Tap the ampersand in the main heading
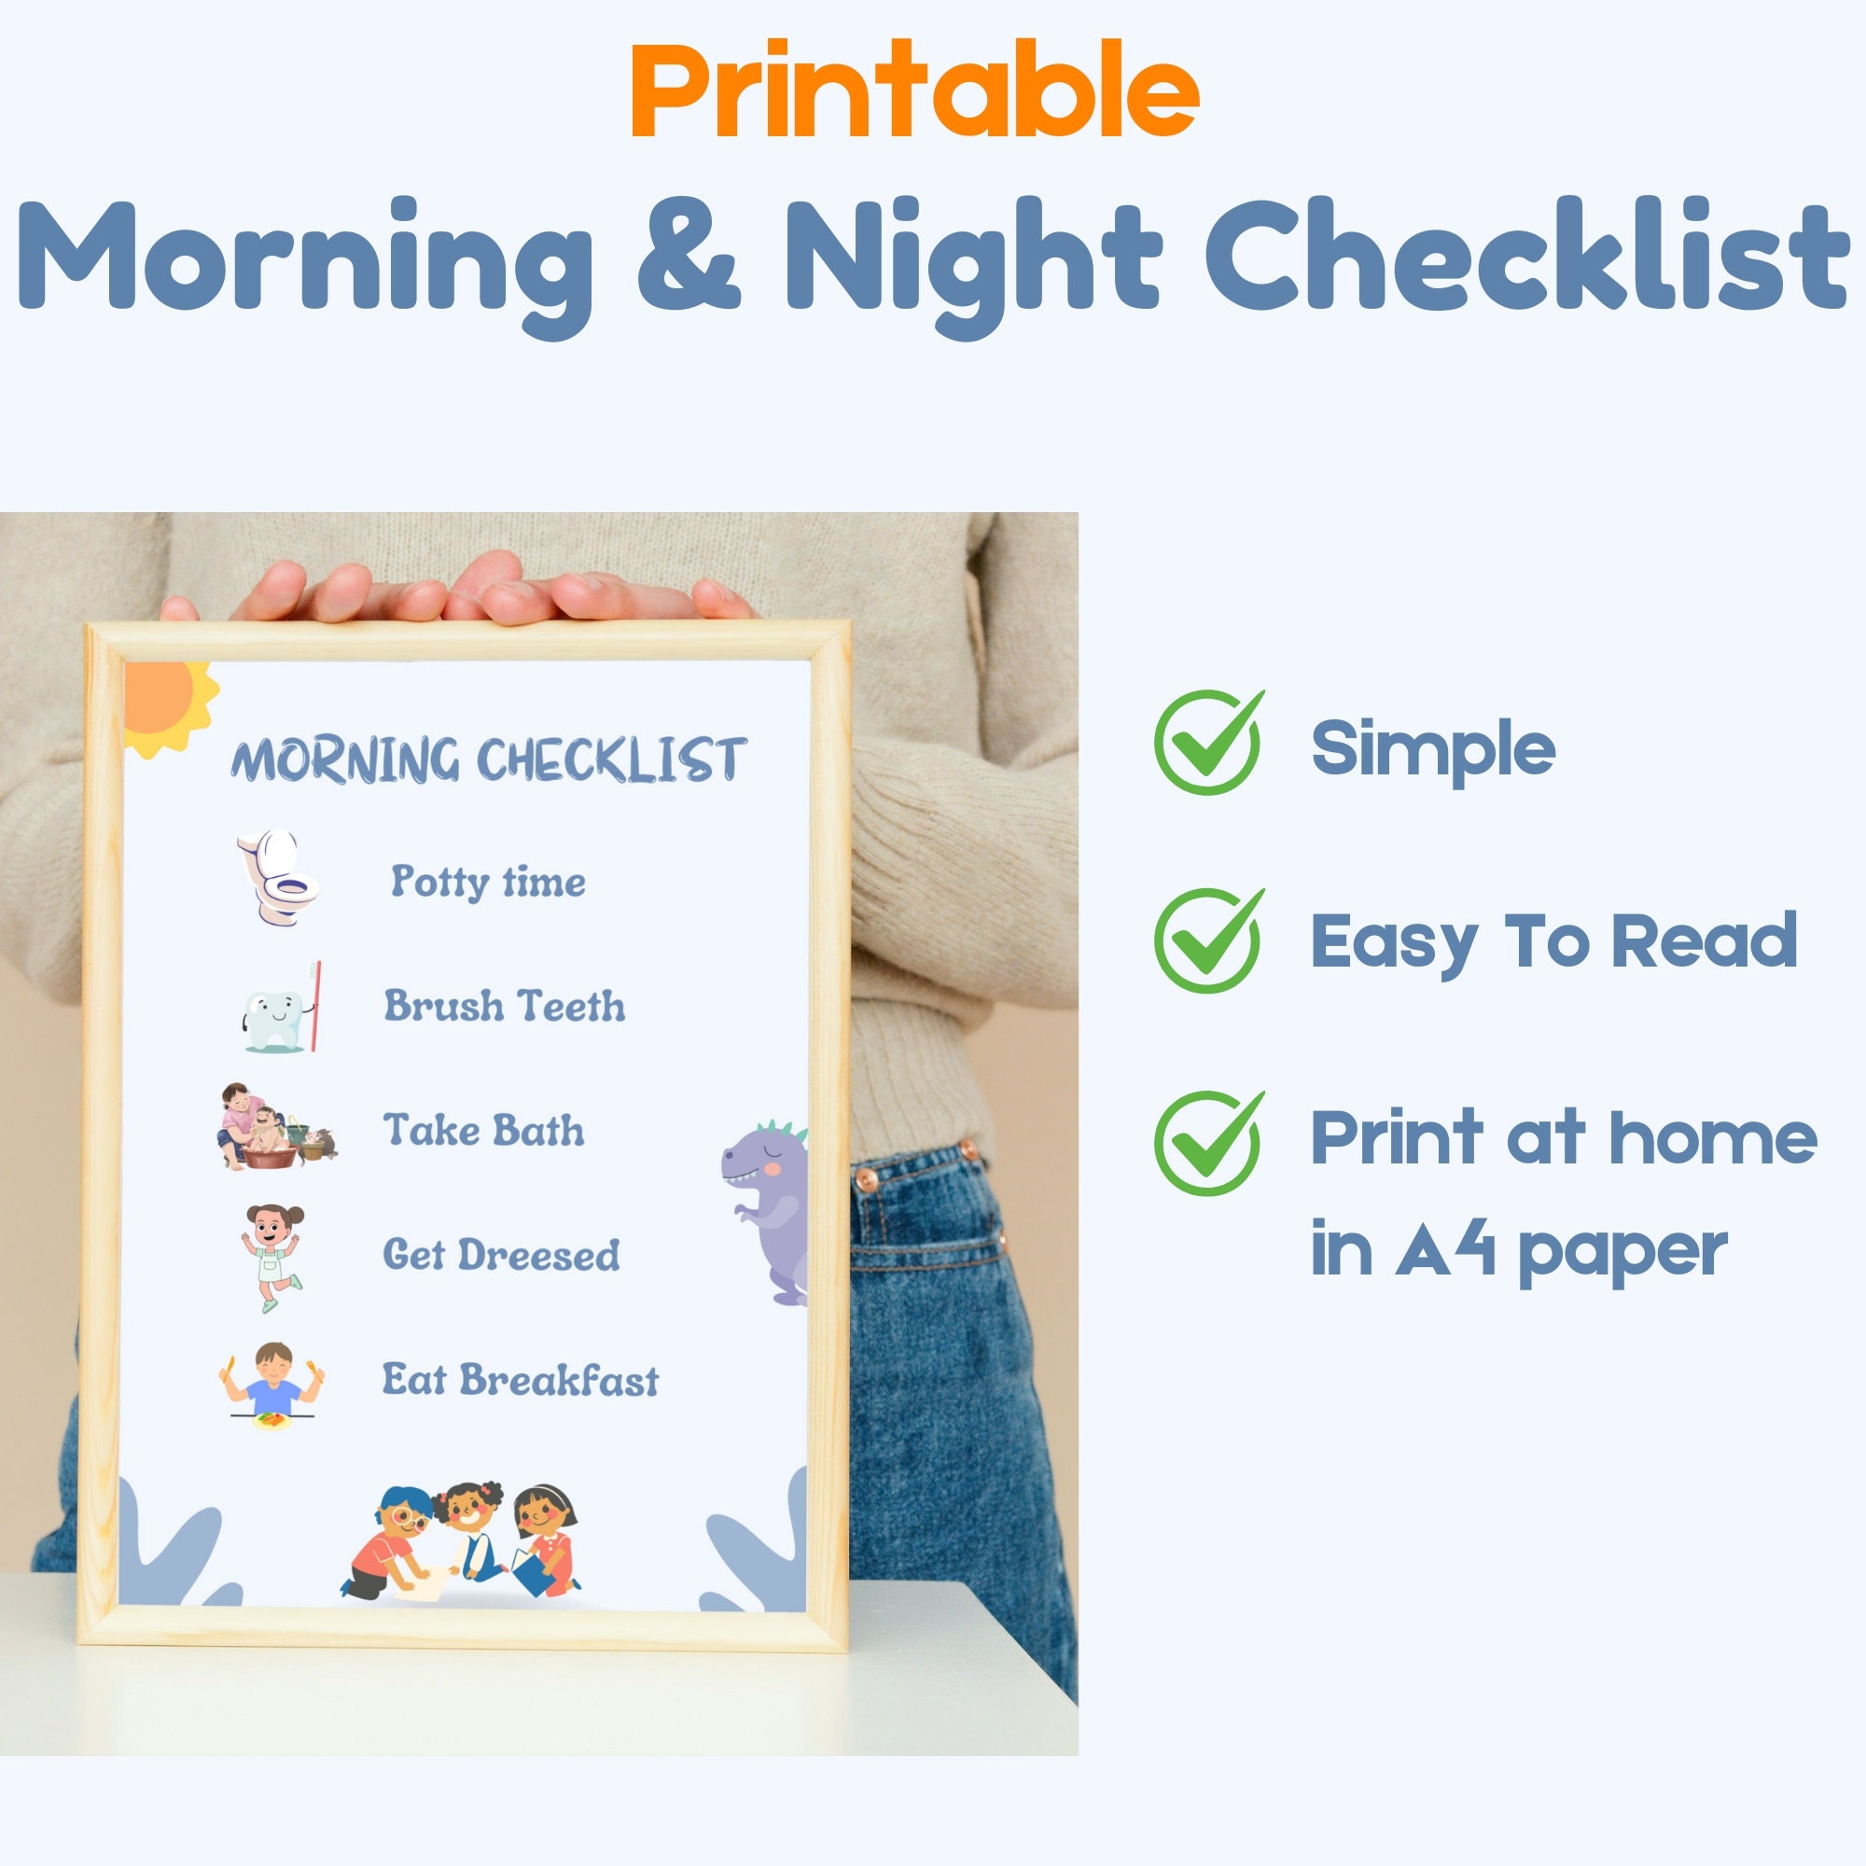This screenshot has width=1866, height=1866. pyautogui.click(x=689, y=255)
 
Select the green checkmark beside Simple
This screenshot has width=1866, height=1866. pyautogui.click(x=1208, y=742)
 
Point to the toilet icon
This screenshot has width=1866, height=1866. pyautogui.click(x=277, y=877)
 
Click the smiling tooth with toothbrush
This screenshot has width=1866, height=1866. pyautogui.click(x=280, y=1009)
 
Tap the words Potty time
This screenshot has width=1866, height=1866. pyautogui.click(x=488, y=882)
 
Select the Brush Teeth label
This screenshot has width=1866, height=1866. pyautogui.click(x=504, y=1007)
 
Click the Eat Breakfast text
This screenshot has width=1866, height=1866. pyautogui.click(x=520, y=1380)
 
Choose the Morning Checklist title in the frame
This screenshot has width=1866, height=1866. pyautogui.click(x=488, y=759)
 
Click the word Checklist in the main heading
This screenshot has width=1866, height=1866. pyautogui.click(x=1525, y=255)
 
